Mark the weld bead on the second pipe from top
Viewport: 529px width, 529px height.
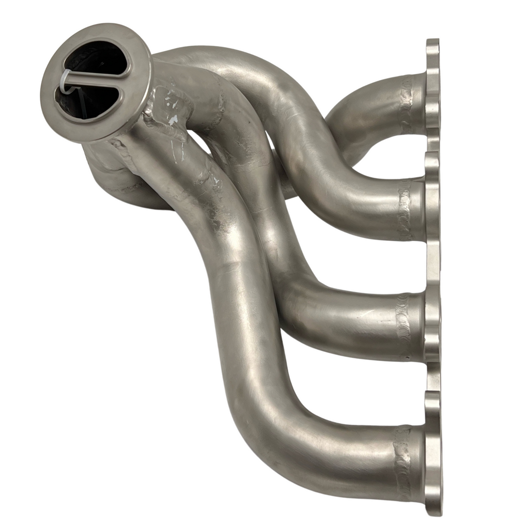403,209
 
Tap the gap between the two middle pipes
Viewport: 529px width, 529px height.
362,263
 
